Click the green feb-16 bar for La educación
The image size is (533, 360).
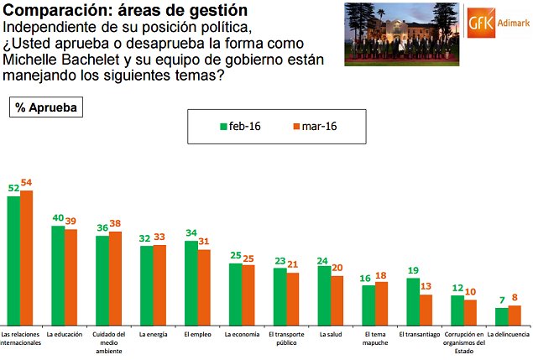click(x=58, y=275)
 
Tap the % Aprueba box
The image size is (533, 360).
click(x=45, y=108)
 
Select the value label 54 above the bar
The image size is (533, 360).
click(x=26, y=182)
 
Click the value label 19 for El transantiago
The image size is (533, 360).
click(x=413, y=270)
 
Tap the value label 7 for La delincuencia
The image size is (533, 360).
click(x=501, y=300)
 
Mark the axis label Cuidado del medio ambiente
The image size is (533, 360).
click(x=108, y=342)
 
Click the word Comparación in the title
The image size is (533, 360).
click(x=53, y=10)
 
